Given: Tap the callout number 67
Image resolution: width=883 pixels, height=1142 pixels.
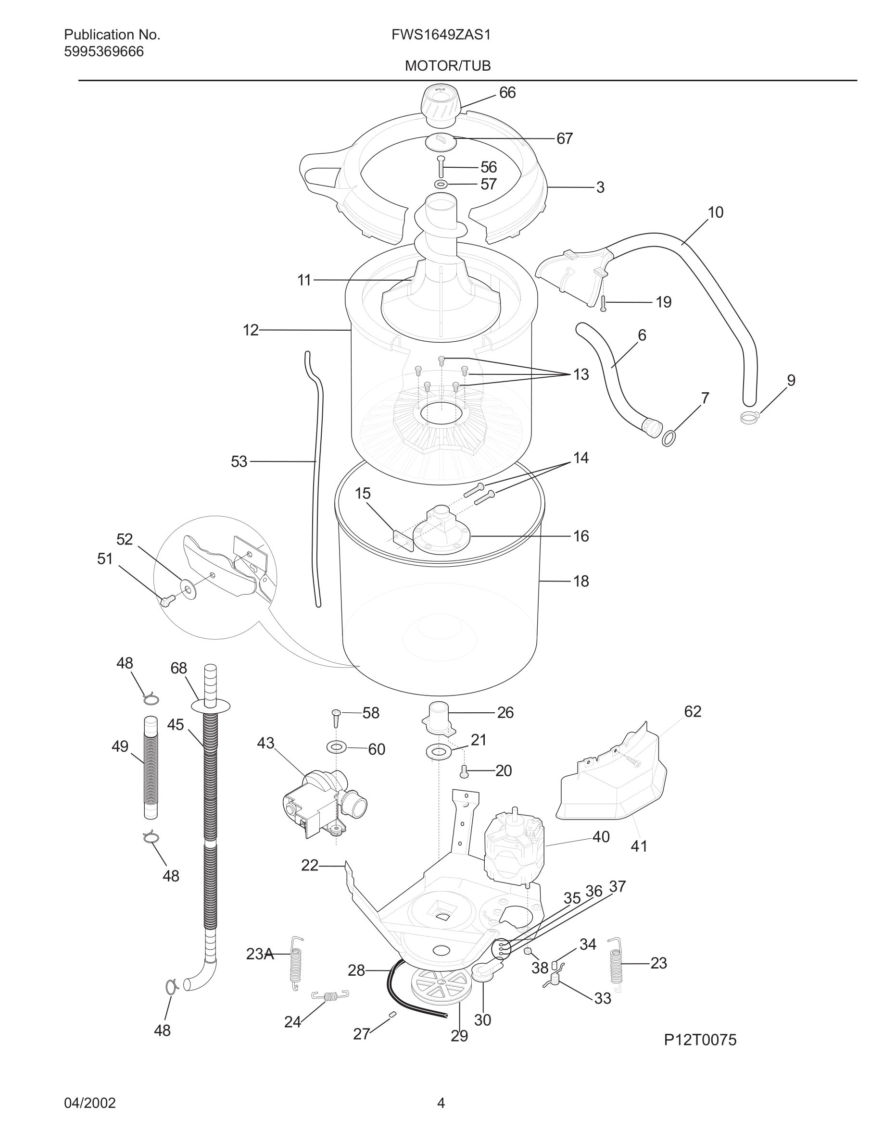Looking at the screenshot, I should click(x=565, y=138).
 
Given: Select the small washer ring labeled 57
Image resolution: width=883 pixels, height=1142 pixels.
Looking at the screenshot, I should click(x=441, y=184).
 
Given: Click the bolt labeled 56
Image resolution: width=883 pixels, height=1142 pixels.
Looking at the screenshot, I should click(x=441, y=167).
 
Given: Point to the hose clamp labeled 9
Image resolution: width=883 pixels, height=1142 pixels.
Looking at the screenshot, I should click(x=750, y=417).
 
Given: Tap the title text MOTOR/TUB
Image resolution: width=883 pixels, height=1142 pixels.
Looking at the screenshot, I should click(x=448, y=66).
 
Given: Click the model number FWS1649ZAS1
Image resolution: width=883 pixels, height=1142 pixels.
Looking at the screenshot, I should click(x=441, y=35).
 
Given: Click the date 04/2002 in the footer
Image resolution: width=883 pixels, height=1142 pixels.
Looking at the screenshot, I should click(x=89, y=1103).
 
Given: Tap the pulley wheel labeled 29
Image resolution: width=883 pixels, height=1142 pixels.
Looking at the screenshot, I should click(x=441, y=987).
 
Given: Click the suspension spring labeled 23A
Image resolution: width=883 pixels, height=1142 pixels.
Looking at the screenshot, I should click(x=297, y=963).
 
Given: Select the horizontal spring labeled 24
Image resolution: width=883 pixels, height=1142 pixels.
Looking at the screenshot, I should click(x=329, y=995).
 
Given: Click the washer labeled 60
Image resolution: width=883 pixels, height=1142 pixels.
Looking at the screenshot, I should click(x=336, y=747).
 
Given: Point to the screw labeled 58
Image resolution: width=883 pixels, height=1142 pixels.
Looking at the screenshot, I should click(x=336, y=718).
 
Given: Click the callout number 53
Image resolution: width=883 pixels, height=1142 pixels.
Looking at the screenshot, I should click(x=239, y=462).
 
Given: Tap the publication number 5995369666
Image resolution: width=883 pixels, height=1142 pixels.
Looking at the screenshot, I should click(x=103, y=52).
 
